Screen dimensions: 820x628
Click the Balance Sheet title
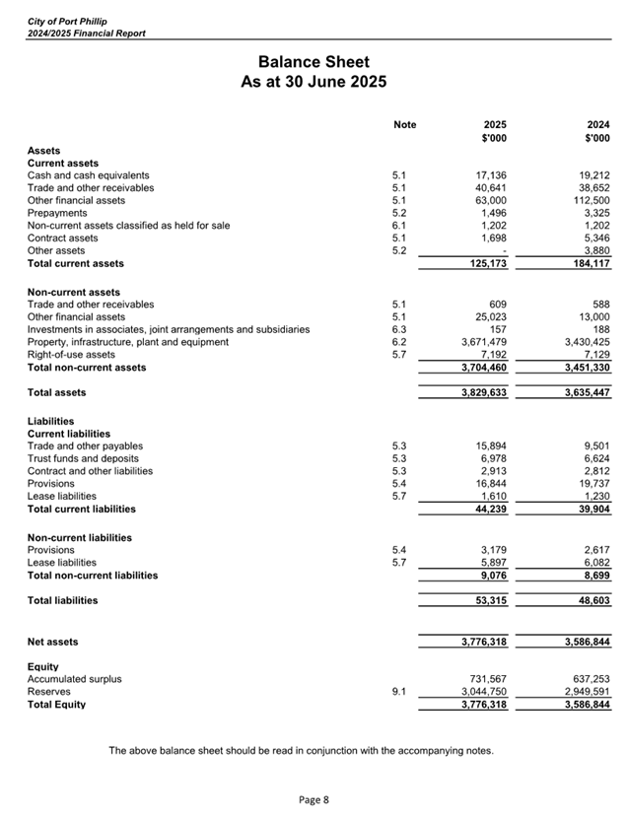[x=314, y=61]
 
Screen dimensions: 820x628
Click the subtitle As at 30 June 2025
[x=314, y=82]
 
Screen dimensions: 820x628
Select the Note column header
[x=404, y=125]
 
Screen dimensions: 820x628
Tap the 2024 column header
[x=596, y=125]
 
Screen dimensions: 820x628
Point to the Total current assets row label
[x=76, y=263]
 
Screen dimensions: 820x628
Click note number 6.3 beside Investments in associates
[x=399, y=329]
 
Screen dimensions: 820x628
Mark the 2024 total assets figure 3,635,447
[x=582, y=392]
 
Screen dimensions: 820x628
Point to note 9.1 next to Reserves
[x=399, y=692]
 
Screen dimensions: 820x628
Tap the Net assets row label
[x=53, y=642]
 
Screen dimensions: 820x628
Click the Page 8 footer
[x=314, y=799]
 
